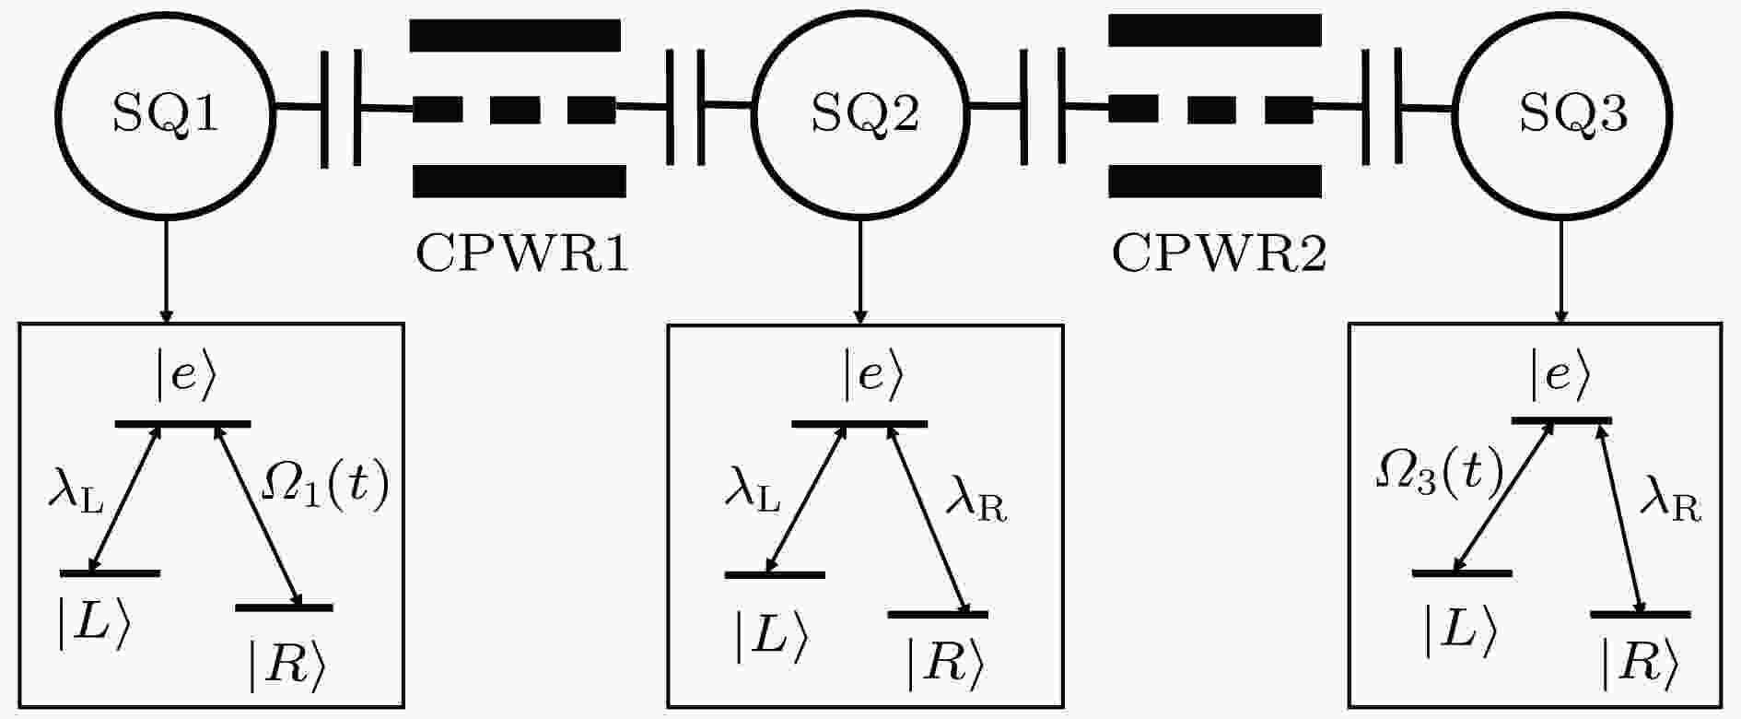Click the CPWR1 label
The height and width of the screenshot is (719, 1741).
click(522, 253)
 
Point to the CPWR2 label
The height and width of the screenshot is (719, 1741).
click(1219, 253)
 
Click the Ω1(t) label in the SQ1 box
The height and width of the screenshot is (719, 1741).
click(325, 487)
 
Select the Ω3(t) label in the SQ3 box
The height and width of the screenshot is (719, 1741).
click(1439, 472)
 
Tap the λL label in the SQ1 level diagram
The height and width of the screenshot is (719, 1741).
click(76, 495)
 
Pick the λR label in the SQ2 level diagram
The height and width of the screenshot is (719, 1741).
click(976, 505)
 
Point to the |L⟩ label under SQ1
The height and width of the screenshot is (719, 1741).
click(92, 625)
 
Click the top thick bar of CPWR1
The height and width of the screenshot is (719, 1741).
click(515, 35)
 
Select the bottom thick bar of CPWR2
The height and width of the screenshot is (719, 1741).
click(1215, 181)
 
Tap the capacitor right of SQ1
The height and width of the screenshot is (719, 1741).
click(342, 110)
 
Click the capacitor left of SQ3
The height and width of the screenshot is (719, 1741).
click(1382, 110)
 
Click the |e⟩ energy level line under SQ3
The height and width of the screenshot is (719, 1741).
click(1562, 421)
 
